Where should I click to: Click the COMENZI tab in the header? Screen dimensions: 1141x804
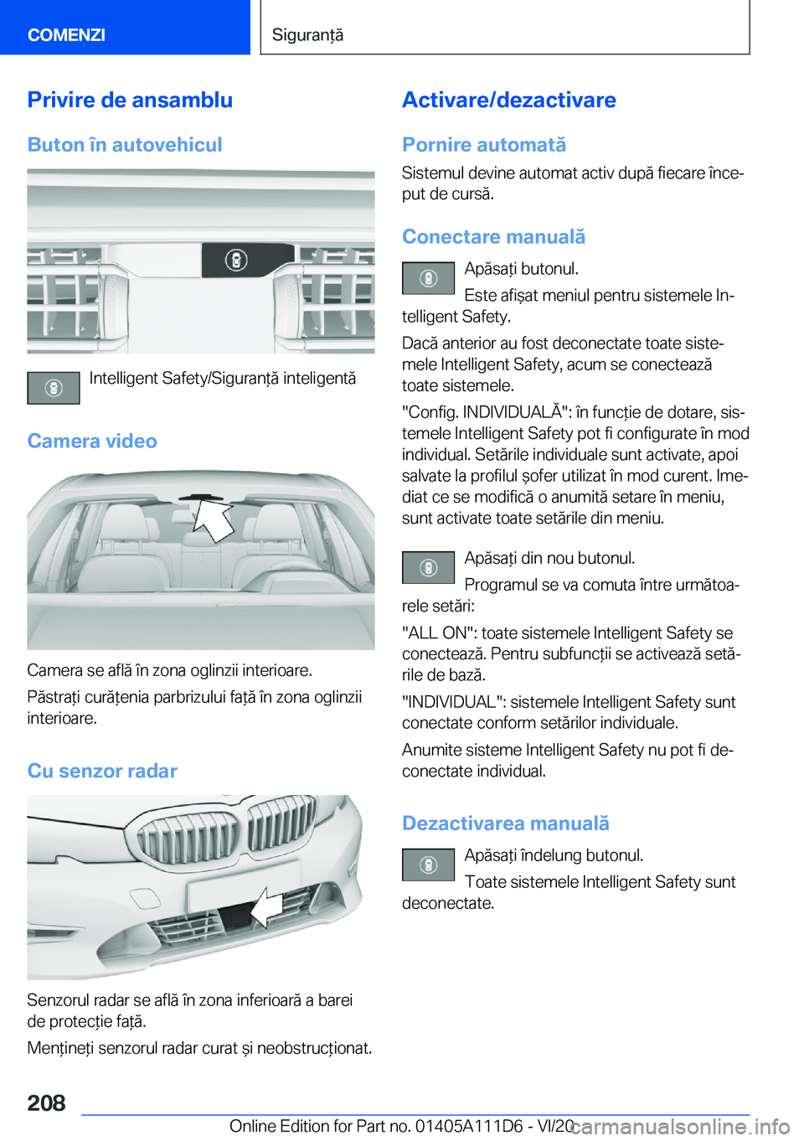(x=67, y=34)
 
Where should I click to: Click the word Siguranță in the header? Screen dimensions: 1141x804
(x=307, y=34)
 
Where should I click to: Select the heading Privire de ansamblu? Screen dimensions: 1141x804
(x=130, y=100)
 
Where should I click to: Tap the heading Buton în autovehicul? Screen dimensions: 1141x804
(x=125, y=145)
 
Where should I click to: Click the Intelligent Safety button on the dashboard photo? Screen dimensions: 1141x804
(x=236, y=261)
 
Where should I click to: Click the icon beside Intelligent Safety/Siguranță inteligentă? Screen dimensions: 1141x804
(x=54, y=389)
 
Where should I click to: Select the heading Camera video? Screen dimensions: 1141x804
(x=92, y=441)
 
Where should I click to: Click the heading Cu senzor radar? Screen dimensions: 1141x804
(x=102, y=771)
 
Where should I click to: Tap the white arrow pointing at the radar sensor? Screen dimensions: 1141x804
(x=267, y=908)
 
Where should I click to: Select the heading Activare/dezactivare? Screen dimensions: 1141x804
(x=508, y=100)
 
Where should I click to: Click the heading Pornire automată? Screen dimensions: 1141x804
(x=484, y=145)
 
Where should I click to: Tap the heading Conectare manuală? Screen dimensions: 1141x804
(x=493, y=237)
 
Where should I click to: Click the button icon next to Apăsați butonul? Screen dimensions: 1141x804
(x=428, y=278)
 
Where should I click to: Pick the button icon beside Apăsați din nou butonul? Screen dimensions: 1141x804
(x=428, y=568)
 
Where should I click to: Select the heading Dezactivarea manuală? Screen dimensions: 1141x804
(x=505, y=823)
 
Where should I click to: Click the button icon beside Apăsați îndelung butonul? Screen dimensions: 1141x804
(x=428, y=865)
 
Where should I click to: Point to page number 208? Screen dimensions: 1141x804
(x=46, y=1102)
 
